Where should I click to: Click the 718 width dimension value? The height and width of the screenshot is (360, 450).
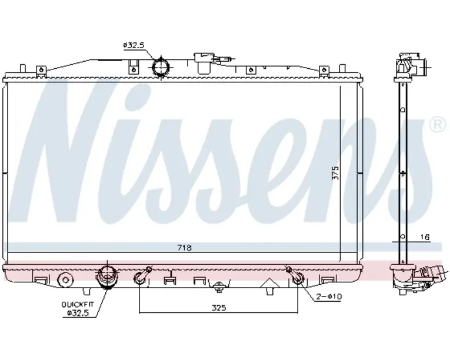click(185, 248)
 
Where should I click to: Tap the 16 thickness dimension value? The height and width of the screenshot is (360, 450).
click(425, 237)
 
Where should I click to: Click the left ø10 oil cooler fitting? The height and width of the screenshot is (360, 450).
click(141, 277)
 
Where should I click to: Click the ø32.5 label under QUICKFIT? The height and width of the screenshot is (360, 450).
click(76, 312)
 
